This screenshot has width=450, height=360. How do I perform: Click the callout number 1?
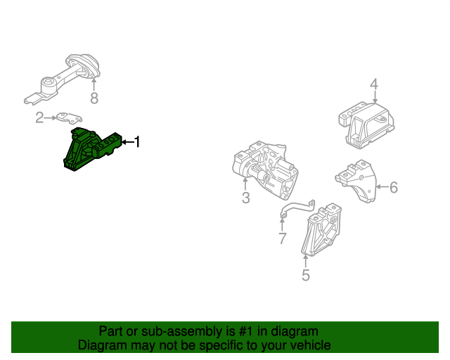pos(137,143)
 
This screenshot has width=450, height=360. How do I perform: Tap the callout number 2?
pos(40,117)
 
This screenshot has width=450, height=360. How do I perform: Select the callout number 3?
pos(245,198)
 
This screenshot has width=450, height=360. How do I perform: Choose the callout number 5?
pos(306,275)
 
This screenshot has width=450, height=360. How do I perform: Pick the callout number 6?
pos(394,187)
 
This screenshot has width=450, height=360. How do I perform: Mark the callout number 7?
pos(282,239)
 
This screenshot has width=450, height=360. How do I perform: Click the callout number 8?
pos(94,97)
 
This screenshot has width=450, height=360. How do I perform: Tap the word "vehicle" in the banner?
pos(309,345)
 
